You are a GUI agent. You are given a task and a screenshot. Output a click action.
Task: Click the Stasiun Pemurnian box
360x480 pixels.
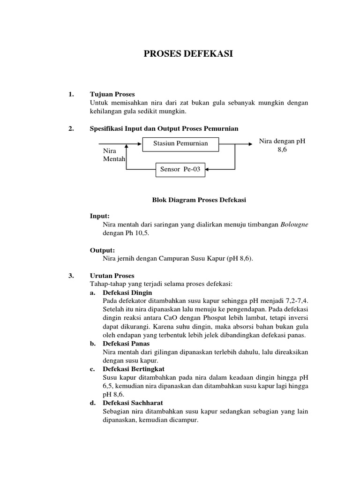tap(180, 143)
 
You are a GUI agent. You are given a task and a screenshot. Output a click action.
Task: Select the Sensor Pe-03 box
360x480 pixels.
tap(180, 169)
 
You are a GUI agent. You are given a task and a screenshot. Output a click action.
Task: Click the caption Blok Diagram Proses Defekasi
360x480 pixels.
tap(199, 200)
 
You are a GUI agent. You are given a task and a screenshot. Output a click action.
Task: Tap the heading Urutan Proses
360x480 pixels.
tap(112, 276)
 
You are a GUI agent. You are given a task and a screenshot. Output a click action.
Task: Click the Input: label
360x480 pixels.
tap(99, 216)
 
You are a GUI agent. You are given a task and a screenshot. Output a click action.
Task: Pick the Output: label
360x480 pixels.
tap(101, 250)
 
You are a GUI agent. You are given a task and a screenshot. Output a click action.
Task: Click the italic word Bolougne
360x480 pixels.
tap(294, 225)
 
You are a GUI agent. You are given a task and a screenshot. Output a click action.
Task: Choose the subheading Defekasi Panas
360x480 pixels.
tap(125, 344)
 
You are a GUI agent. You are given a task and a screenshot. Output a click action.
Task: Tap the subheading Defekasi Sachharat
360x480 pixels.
tap(132, 403)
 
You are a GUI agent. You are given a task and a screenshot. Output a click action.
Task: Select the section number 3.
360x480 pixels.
tap(71, 276)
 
